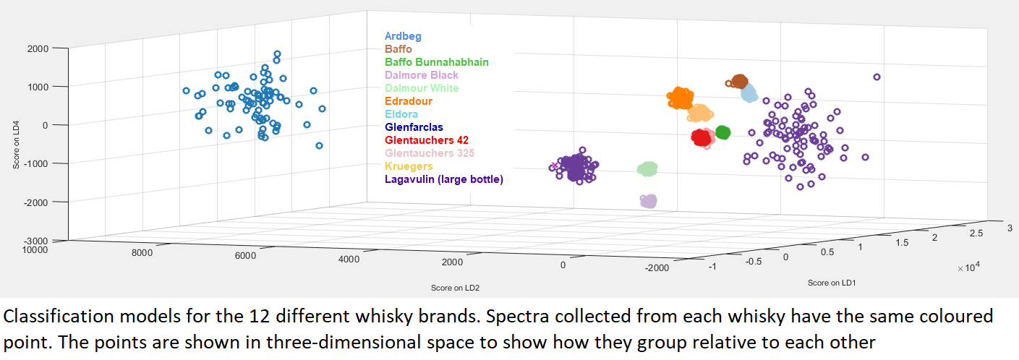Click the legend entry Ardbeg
click(403, 36)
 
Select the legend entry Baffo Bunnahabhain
click(436, 62)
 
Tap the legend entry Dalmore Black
click(422, 75)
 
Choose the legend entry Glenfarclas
click(414, 127)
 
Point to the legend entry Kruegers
click(409, 166)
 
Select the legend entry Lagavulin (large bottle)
click(444, 179)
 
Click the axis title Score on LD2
click(455, 288)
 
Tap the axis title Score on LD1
click(832, 283)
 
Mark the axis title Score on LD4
click(16, 144)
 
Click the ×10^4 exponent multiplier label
click(968, 267)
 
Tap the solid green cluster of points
click(722, 132)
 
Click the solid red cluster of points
click(701, 137)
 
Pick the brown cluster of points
click(739, 82)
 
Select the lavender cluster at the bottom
click(648, 201)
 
